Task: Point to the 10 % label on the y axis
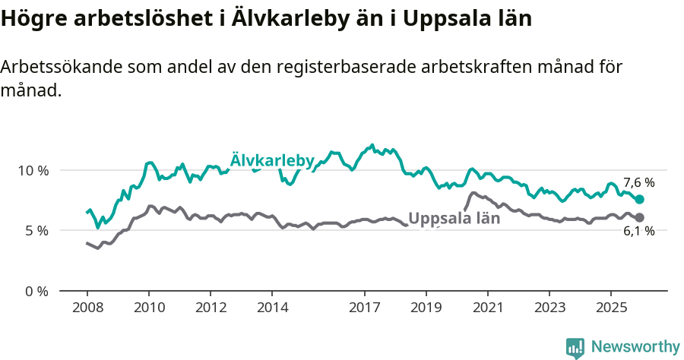point(33,170)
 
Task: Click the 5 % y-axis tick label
point(36,231)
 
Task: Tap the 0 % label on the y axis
point(36,292)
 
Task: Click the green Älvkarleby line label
point(272,160)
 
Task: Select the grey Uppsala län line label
point(454,219)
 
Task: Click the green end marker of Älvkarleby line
point(639,199)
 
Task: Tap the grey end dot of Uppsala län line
point(639,218)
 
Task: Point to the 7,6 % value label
point(638,183)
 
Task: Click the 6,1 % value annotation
point(638,232)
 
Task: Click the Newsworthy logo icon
point(575,347)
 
